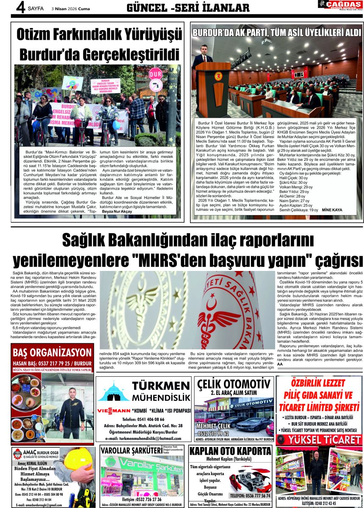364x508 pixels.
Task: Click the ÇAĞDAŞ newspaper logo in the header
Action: (x=340, y=6)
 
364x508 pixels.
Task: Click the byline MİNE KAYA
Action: (x=332, y=210)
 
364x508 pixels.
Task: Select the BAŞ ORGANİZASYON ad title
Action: (x=52, y=352)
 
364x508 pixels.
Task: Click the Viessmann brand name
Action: (x=113, y=411)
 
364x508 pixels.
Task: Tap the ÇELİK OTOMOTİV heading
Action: (x=234, y=384)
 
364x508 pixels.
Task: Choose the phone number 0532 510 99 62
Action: (x=212, y=433)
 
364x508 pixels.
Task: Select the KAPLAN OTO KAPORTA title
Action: (x=230, y=451)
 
